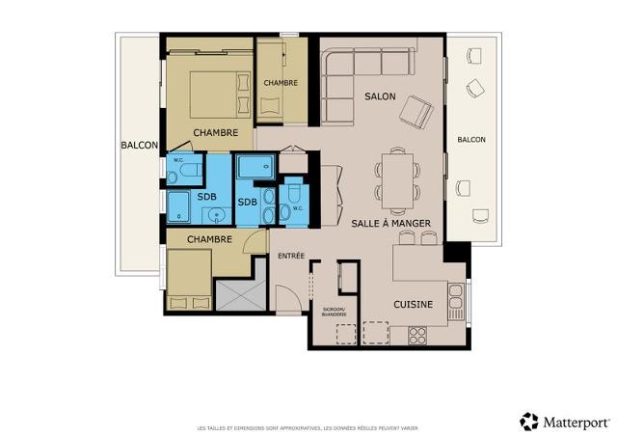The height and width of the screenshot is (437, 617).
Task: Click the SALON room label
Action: click(x=381, y=97)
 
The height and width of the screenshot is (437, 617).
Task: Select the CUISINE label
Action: click(x=413, y=305)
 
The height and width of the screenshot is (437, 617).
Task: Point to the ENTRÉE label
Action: click(x=291, y=256)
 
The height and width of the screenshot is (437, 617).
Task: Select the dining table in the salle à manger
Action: click(x=397, y=178)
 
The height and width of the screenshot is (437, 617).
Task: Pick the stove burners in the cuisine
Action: click(x=418, y=335)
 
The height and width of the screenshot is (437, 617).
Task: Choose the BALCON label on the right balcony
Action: click(x=471, y=140)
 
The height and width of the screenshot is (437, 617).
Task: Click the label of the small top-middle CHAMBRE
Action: click(x=281, y=83)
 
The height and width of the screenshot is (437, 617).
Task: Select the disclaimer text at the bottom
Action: click(x=308, y=426)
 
